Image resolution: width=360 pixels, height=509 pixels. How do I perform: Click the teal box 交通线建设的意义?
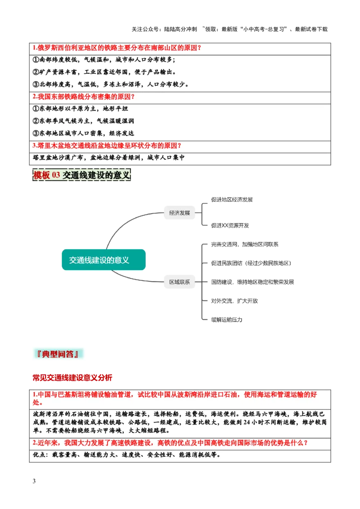104,260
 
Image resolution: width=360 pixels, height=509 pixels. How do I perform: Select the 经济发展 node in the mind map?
180,213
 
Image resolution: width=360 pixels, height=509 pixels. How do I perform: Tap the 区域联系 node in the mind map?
180,282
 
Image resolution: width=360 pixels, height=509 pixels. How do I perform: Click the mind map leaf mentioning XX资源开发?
230,225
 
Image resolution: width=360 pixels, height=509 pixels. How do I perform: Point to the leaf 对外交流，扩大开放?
235,301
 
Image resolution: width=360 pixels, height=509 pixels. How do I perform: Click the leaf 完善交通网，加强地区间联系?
245,245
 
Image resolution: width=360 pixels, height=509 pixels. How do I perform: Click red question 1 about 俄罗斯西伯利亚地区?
117,48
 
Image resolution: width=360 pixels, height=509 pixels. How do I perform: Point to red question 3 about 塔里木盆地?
107,146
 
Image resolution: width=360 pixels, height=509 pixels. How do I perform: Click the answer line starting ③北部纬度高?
111,84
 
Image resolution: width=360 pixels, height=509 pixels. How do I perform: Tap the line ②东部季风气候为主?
84,121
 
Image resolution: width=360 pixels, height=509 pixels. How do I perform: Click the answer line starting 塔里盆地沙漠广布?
109,158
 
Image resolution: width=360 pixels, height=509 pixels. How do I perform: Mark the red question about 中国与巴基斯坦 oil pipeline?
175,398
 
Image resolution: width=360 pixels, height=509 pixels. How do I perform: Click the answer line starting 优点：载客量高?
127,455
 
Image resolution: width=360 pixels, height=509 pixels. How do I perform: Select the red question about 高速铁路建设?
170,443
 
